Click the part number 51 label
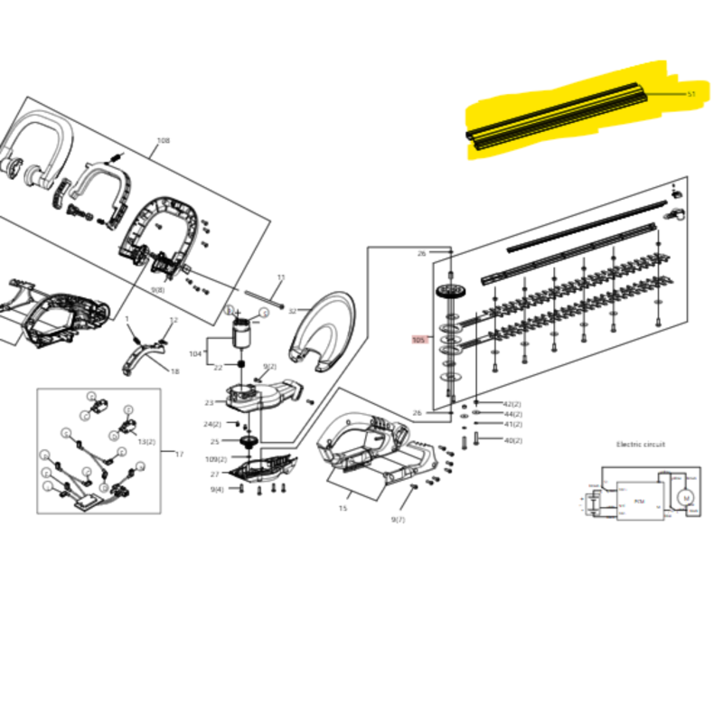[x=691, y=94]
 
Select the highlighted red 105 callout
[x=418, y=340]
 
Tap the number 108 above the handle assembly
[x=164, y=140]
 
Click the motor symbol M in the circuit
[x=685, y=498]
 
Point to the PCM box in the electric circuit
[x=639, y=501]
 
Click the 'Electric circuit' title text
[x=641, y=445]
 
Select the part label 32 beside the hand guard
[x=292, y=311]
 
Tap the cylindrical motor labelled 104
[x=241, y=335]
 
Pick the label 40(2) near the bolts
[x=512, y=440]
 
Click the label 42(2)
[x=512, y=404]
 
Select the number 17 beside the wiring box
[x=179, y=454]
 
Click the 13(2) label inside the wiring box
[x=146, y=441]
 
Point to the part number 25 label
[x=215, y=442]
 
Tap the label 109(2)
[x=216, y=459]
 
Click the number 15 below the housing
[x=343, y=509]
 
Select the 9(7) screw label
[x=398, y=520]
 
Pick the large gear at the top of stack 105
[x=446, y=294]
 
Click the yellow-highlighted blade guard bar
[x=560, y=116]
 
